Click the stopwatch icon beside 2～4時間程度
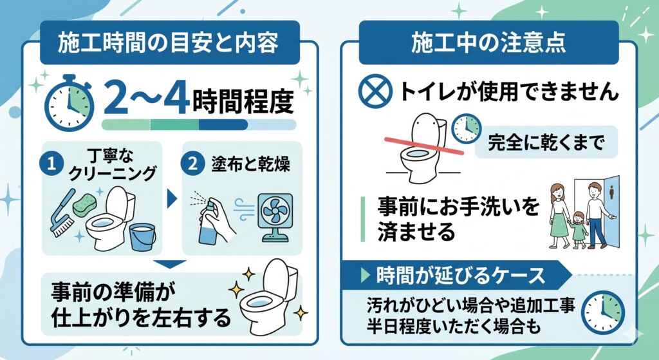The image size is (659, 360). tap(70, 103)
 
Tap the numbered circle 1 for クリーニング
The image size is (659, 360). tap(51, 164)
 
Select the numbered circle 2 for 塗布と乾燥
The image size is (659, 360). tap(192, 164)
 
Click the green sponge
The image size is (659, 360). tap(84, 205)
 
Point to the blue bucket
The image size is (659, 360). tap(142, 238)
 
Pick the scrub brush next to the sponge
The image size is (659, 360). tap(63, 214)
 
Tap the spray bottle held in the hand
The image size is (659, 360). tap(208, 223)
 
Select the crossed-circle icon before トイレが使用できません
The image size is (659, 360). tap(375, 91)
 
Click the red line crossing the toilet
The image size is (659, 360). tap(425, 146)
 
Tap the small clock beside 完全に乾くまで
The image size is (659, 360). tap(466, 129)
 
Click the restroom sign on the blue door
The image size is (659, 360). tap(611, 193)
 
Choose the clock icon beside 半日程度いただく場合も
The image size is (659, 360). tap(602, 312)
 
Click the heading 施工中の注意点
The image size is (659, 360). tap(488, 43)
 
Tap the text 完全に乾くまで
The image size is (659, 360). tap(546, 142)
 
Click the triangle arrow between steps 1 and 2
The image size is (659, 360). tap(171, 198)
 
